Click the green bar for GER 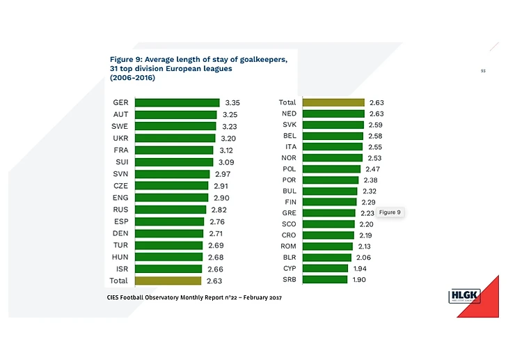click(x=177, y=102)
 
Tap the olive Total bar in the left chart click(x=168, y=281)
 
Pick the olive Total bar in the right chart click(x=333, y=102)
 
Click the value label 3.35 click(x=230, y=102)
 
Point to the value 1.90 click(x=358, y=279)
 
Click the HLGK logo click(x=465, y=297)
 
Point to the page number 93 click(x=483, y=70)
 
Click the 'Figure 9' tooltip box click(x=390, y=212)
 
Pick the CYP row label click(x=289, y=268)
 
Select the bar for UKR click(x=175, y=138)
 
